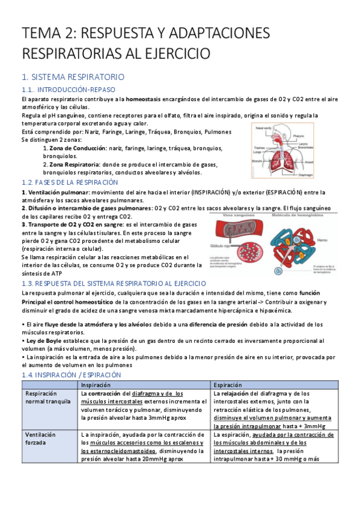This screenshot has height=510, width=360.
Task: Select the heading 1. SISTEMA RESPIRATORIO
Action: [73, 77]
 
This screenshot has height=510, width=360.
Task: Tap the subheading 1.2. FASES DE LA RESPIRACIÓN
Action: [70, 182]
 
